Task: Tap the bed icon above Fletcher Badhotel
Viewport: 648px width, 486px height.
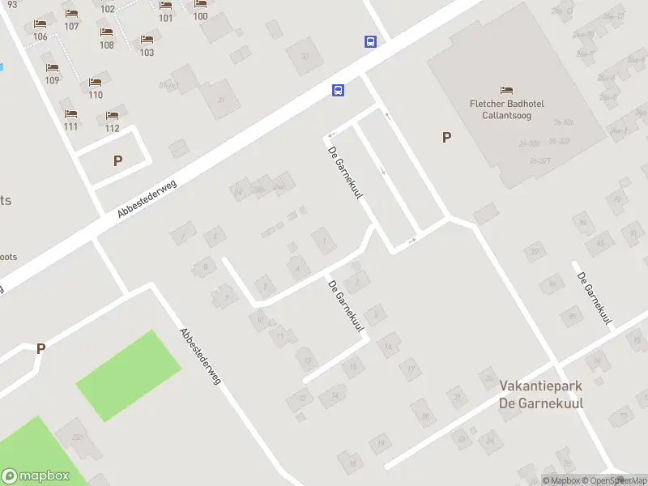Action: click(507, 89)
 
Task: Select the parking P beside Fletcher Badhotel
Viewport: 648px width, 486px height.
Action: click(446, 138)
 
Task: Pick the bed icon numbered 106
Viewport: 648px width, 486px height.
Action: click(40, 24)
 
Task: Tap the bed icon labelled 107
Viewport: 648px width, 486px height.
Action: click(71, 14)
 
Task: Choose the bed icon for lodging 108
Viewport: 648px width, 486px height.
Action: click(106, 32)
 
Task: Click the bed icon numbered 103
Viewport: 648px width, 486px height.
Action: click(147, 40)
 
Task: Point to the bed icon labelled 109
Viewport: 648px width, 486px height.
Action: click(52, 68)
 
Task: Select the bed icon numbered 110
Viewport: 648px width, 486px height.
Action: click(96, 83)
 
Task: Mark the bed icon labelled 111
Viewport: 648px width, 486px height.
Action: click(70, 114)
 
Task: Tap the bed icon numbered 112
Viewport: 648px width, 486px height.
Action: click(112, 116)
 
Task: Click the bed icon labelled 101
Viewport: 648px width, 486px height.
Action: click(165, 6)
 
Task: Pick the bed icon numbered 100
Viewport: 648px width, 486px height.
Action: click(200, 5)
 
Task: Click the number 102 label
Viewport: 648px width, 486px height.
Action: click(108, 9)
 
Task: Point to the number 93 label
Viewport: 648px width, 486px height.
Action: click(11, 5)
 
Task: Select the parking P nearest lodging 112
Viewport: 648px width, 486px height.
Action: click(118, 160)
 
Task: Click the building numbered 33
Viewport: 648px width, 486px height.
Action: click(305, 57)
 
